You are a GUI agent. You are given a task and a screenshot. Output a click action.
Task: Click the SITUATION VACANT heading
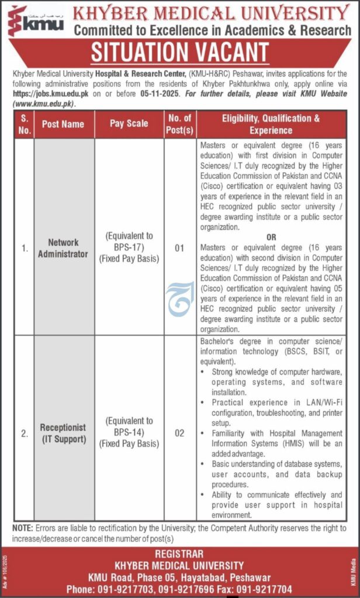pos(179,54)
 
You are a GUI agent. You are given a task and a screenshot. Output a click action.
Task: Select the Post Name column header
pos(63,124)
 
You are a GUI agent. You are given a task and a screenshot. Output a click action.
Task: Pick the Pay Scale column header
pos(129,124)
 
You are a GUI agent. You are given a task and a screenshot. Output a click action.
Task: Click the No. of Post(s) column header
pos(179,124)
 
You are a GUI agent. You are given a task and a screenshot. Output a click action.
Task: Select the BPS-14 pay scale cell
pos(129,432)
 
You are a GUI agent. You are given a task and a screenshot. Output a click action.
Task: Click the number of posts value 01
pos(179,248)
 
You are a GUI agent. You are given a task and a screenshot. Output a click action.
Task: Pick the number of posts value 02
pos(179,433)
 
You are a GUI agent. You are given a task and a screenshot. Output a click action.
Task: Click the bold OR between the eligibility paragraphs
pos(271,238)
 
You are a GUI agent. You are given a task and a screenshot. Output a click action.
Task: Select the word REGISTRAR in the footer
pos(180,554)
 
